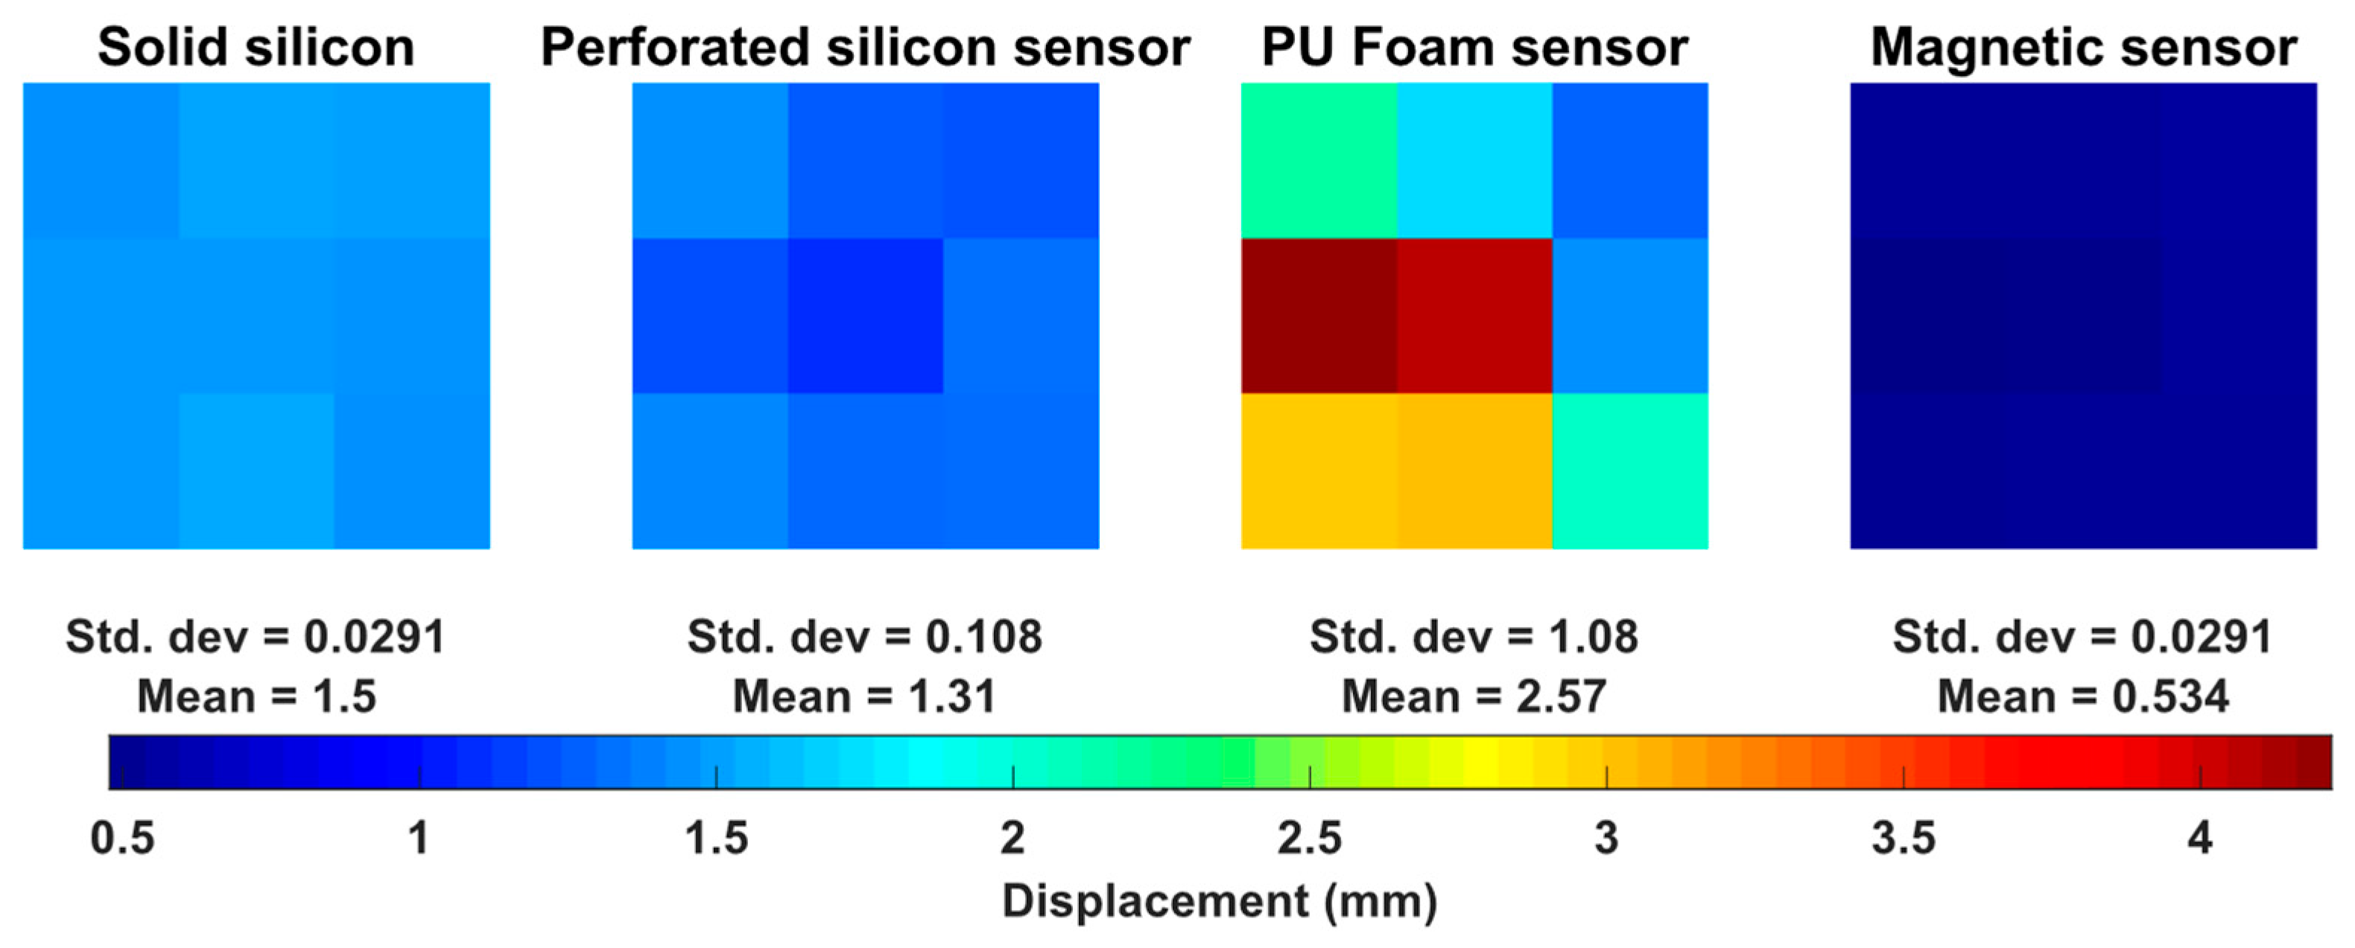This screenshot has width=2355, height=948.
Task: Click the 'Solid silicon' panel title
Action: pos(256,48)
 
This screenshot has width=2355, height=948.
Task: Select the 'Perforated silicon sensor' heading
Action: pos(865,48)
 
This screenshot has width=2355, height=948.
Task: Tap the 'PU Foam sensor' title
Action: pos(1474,48)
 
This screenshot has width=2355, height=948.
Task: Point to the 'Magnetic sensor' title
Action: pos(2084,48)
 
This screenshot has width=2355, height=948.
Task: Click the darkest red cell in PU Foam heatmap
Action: pos(1318,316)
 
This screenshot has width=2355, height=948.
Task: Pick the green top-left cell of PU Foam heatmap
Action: pos(1318,161)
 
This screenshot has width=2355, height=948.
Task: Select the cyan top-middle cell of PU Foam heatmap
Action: pos(1474,161)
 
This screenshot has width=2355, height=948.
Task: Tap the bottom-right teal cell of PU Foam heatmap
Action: pos(1630,471)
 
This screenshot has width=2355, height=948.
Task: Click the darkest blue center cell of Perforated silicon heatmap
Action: pos(865,316)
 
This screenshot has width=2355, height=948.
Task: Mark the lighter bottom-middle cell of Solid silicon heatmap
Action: pos(256,471)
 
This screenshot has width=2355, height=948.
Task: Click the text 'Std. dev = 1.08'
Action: pos(1474,637)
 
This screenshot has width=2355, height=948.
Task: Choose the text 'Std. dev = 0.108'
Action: pos(865,637)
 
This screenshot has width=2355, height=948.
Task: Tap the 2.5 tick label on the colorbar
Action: pos(1309,839)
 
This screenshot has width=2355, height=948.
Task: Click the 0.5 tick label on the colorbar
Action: pos(121,839)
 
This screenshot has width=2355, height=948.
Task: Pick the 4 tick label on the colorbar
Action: pos(2199,839)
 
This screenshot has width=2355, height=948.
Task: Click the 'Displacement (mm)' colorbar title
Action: pos(1220,901)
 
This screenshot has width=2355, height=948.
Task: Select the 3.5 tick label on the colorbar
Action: pos(1904,839)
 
